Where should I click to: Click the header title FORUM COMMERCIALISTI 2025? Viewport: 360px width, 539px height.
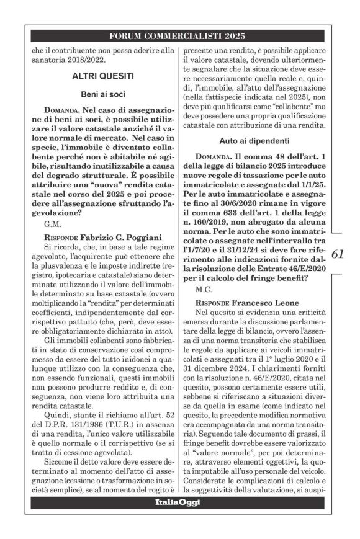click(x=179, y=35)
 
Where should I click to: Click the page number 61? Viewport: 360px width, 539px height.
click(x=340, y=253)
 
